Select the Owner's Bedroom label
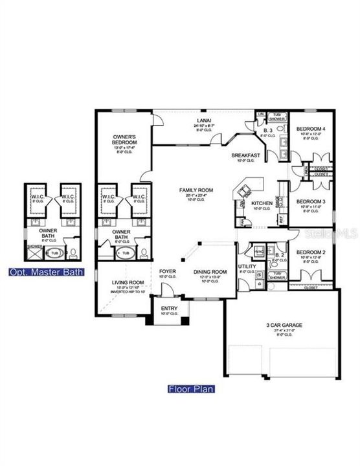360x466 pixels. (x=123, y=137)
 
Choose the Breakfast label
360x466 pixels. (x=246, y=155)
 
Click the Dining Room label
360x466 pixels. (x=211, y=272)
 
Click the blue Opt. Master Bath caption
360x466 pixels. (x=47, y=272)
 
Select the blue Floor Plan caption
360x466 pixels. (x=191, y=389)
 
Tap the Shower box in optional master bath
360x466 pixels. (x=34, y=246)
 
